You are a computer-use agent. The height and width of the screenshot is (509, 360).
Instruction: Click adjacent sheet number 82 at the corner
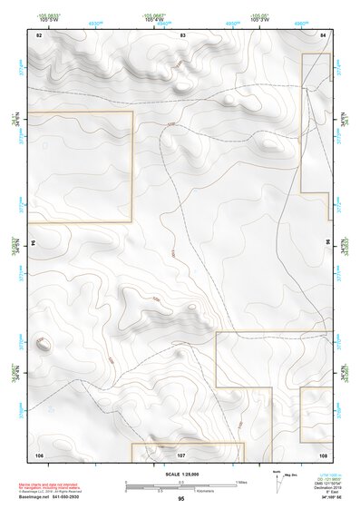click(39, 34)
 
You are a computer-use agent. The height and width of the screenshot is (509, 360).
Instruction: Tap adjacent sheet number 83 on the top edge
click(182, 34)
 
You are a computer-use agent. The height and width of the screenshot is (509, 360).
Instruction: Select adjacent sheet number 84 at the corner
click(324, 34)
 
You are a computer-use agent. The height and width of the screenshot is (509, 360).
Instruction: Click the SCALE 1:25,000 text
click(180, 475)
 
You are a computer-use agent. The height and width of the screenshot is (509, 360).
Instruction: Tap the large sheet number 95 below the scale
click(180, 499)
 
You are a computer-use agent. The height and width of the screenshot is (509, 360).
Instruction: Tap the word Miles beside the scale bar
click(241, 481)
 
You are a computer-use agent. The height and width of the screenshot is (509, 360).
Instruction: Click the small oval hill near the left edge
click(42, 343)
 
